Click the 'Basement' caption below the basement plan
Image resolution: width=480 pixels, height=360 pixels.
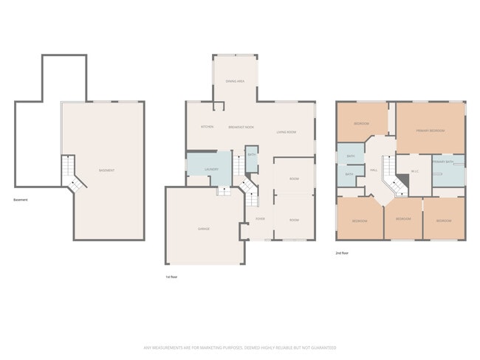[x=21, y=200]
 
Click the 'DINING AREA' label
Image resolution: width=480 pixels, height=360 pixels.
[x=236, y=81]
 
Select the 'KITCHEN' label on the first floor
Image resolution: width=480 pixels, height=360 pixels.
[x=208, y=127]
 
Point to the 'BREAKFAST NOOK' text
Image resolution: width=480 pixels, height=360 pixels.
[x=241, y=127]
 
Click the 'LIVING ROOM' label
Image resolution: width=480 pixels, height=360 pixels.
[x=287, y=132]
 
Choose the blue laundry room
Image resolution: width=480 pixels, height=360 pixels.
[x=207, y=170]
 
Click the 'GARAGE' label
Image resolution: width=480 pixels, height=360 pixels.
[x=204, y=229]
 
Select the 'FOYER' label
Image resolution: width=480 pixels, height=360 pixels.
[x=260, y=219]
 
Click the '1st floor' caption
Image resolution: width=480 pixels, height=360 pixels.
[x=171, y=277]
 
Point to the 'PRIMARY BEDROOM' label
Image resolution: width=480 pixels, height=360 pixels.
[x=431, y=131]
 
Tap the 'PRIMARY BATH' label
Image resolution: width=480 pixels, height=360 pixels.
[x=442, y=161]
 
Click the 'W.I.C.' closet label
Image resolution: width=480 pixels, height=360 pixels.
[x=415, y=172]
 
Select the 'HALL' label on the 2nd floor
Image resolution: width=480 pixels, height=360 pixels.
[x=374, y=170]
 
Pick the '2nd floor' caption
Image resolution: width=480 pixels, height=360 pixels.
[x=342, y=252]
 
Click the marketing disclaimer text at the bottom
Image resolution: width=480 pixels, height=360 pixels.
[x=240, y=347]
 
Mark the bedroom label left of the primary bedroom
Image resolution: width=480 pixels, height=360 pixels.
[x=361, y=123]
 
